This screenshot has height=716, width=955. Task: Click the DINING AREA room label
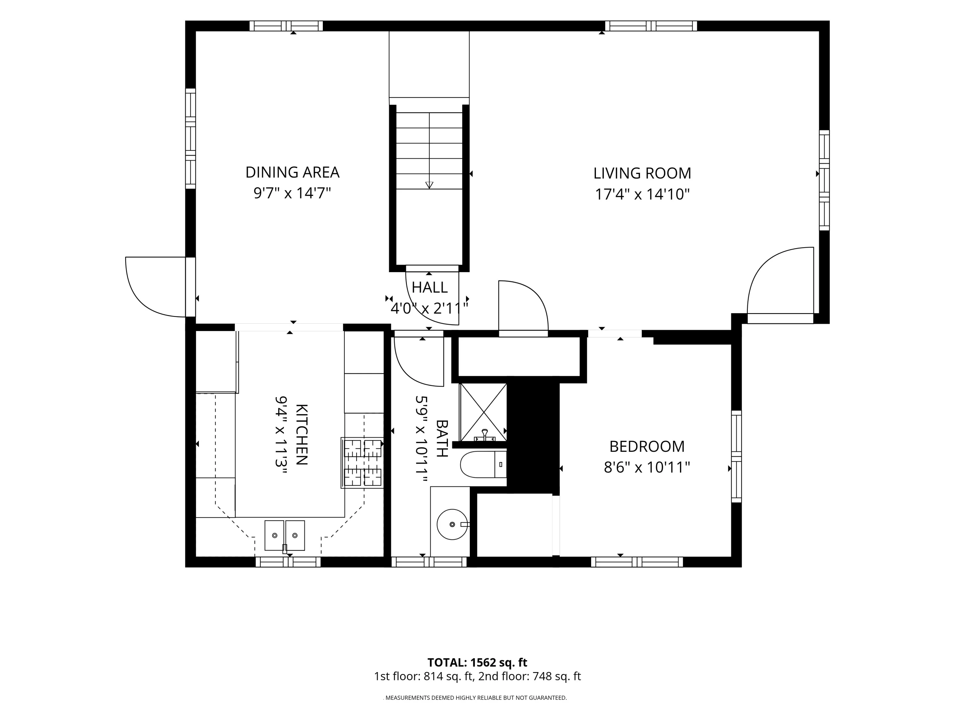(x=292, y=172)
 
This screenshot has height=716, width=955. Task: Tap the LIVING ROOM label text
(x=642, y=173)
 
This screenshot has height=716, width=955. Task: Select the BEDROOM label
(x=647, y=446)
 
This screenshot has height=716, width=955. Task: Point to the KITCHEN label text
(x=301, y=435)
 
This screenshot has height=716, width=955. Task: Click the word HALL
(x=429, y=287)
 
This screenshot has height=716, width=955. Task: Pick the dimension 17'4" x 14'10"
(x=642, y=194)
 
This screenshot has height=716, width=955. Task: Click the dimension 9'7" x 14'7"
(x=292, y=193)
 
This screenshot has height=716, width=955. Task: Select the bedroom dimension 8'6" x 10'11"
(x=647, y=467)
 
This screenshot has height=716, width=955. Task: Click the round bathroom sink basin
(x=452, y=524)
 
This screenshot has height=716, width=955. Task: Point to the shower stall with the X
(x=483, y=412)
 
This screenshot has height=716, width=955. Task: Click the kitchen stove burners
(x=362, y=463)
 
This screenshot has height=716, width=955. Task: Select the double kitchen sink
(x=285, y=535)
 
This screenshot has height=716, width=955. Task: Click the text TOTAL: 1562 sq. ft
(x=477, y=663)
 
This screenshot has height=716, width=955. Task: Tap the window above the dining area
(x=286, y=26)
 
